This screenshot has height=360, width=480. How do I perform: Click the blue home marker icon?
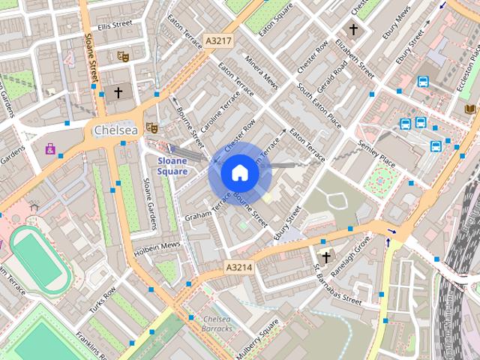239,173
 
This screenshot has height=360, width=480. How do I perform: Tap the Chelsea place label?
116,130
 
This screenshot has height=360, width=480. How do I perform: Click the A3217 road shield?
218,40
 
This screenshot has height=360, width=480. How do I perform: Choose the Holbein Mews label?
158,245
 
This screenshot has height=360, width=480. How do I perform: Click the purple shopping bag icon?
50,148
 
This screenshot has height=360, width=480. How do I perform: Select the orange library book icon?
470,109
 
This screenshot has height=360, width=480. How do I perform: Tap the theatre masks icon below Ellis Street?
122,56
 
